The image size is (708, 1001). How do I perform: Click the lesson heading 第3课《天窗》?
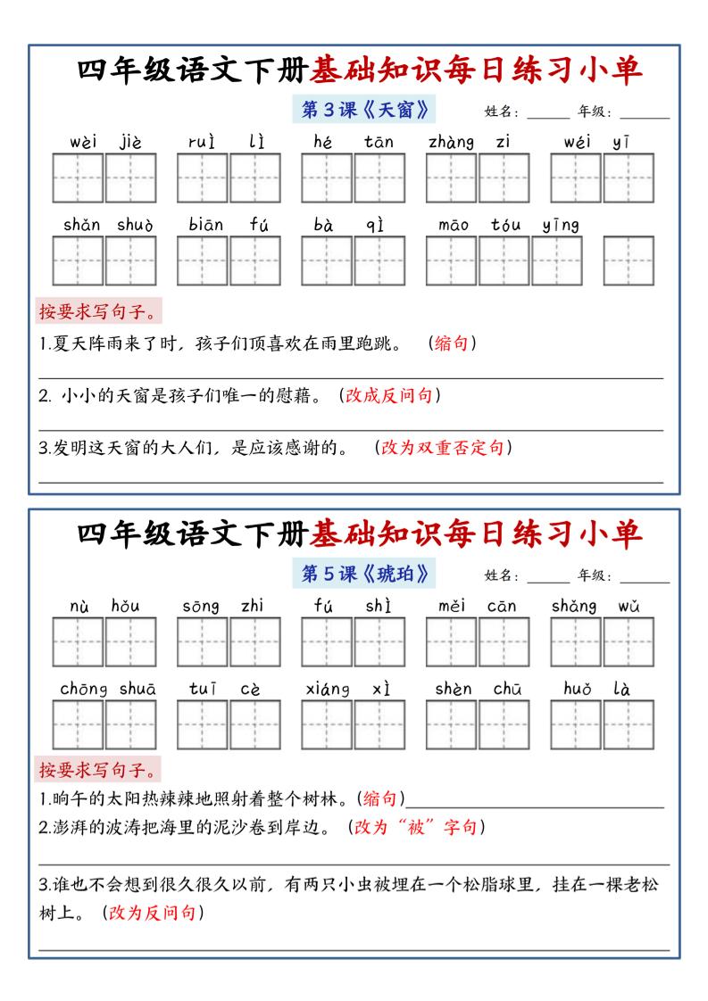coord(364,110)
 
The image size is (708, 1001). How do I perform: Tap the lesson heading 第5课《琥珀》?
coord(364,574)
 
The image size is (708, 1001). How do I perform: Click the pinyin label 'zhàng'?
coord(451,141)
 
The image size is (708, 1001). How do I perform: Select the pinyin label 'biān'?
coord(206,225)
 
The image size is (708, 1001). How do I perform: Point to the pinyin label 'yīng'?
coord(561,225)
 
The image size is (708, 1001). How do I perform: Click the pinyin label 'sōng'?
coord(201,607)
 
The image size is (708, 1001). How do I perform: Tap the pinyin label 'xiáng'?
coord(327,689)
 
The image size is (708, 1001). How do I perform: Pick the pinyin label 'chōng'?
coord(84,689)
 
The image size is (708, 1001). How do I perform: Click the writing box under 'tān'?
coord(379,178)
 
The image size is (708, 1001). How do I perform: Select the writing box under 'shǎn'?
coord(79,261)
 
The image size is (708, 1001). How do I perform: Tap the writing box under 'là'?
coord(629,724)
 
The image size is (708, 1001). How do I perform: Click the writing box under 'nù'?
coord(79,642)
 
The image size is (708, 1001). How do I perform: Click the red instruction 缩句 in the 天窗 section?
coord(451,343)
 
